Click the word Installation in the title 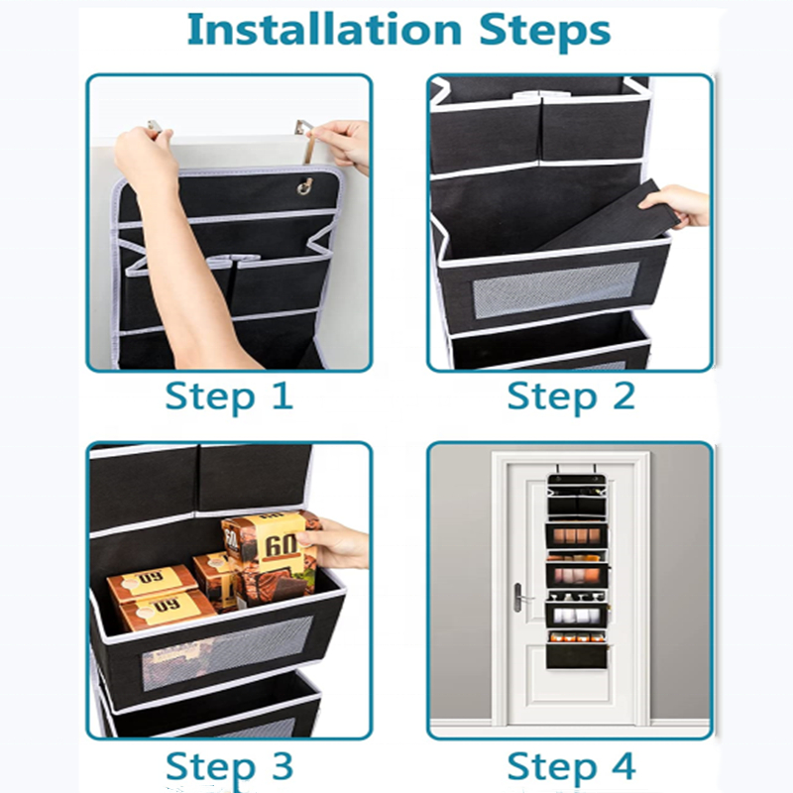(x=324, y=30)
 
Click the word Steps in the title (x=544, y=33)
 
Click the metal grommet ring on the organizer (x=305, y=186)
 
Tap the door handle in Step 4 (x=519, y=598)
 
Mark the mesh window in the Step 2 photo (x=556, y=289)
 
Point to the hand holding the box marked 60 (x=334, y=543)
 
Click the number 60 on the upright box (x=282, y=546)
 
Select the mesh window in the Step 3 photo (x=227, y=652)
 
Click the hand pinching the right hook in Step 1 (x=340, y=145)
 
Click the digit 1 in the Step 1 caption (x=283, y=396)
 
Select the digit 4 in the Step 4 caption (x=623, y=765)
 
